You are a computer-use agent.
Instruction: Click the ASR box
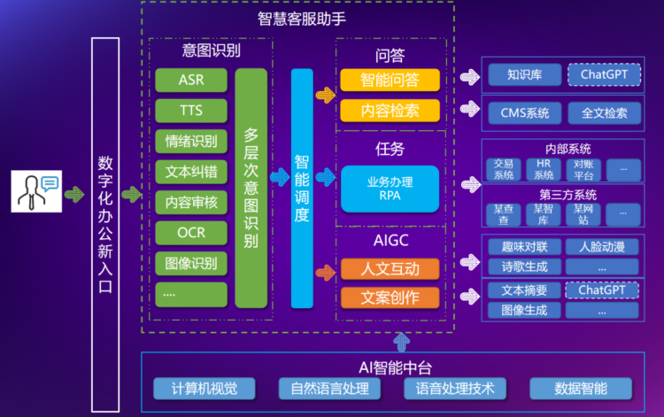coord(191,81)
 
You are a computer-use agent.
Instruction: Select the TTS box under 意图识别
coord(191,111)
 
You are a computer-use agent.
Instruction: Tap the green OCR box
coord(191,233)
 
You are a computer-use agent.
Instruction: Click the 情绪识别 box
coord(191,142)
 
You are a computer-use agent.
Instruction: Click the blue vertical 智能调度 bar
coord(302,189)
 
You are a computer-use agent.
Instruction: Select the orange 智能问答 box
coord(390,81)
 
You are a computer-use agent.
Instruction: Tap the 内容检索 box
coord(390,111)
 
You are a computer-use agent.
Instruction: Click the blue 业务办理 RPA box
coord(390,189)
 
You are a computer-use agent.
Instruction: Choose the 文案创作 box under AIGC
coord(390,297)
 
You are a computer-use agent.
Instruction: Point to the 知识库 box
coord(524,74)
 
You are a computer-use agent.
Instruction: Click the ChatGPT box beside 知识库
coord(604,74)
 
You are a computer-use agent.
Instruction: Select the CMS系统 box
coord(524,112)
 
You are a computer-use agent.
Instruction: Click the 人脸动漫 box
coord(602,247)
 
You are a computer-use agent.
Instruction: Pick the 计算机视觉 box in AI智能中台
coord(204,388)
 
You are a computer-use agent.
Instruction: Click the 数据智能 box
coord(581,388)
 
